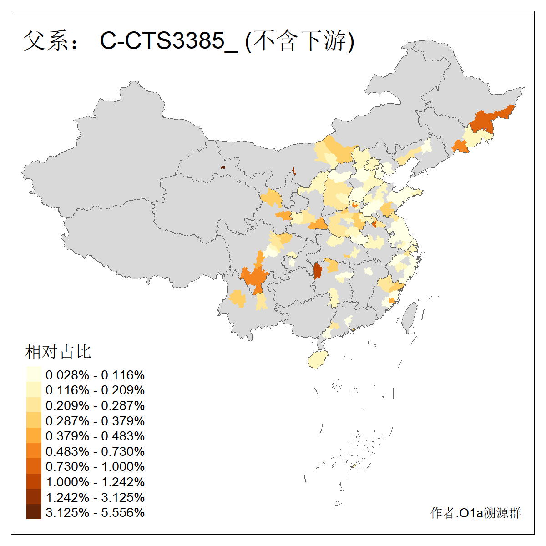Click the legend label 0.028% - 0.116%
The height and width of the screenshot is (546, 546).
[x=95, y=375]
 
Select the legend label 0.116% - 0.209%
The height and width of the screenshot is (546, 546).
[x=95, y=390]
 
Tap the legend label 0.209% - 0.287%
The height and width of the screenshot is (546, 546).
[x=95, y=406]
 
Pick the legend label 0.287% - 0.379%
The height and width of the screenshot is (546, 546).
[x=95, y=421]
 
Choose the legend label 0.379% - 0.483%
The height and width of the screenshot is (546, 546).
[x=95, y=436]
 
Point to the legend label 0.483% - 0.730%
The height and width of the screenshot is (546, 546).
[x=95, y=452]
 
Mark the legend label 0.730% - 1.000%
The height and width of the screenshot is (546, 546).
[x=95, y=467]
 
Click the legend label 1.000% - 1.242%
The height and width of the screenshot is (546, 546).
[x=95, y=482]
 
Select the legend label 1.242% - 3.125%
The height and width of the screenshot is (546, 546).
[x=95, y=497]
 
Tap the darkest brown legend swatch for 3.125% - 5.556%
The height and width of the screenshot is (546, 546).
[x=34, y=512]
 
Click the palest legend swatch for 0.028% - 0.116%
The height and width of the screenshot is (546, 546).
[x=34, y=374]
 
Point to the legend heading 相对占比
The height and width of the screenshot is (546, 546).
[x=58, y=352]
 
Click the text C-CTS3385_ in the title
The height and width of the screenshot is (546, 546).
[x=169, y=41]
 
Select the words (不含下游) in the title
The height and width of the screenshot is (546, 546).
[x=300, y=41]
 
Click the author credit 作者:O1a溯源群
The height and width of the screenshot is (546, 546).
[x=475, y=513]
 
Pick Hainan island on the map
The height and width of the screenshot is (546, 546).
[x=318, y=360]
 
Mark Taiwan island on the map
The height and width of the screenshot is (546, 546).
[x=410, y=318]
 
